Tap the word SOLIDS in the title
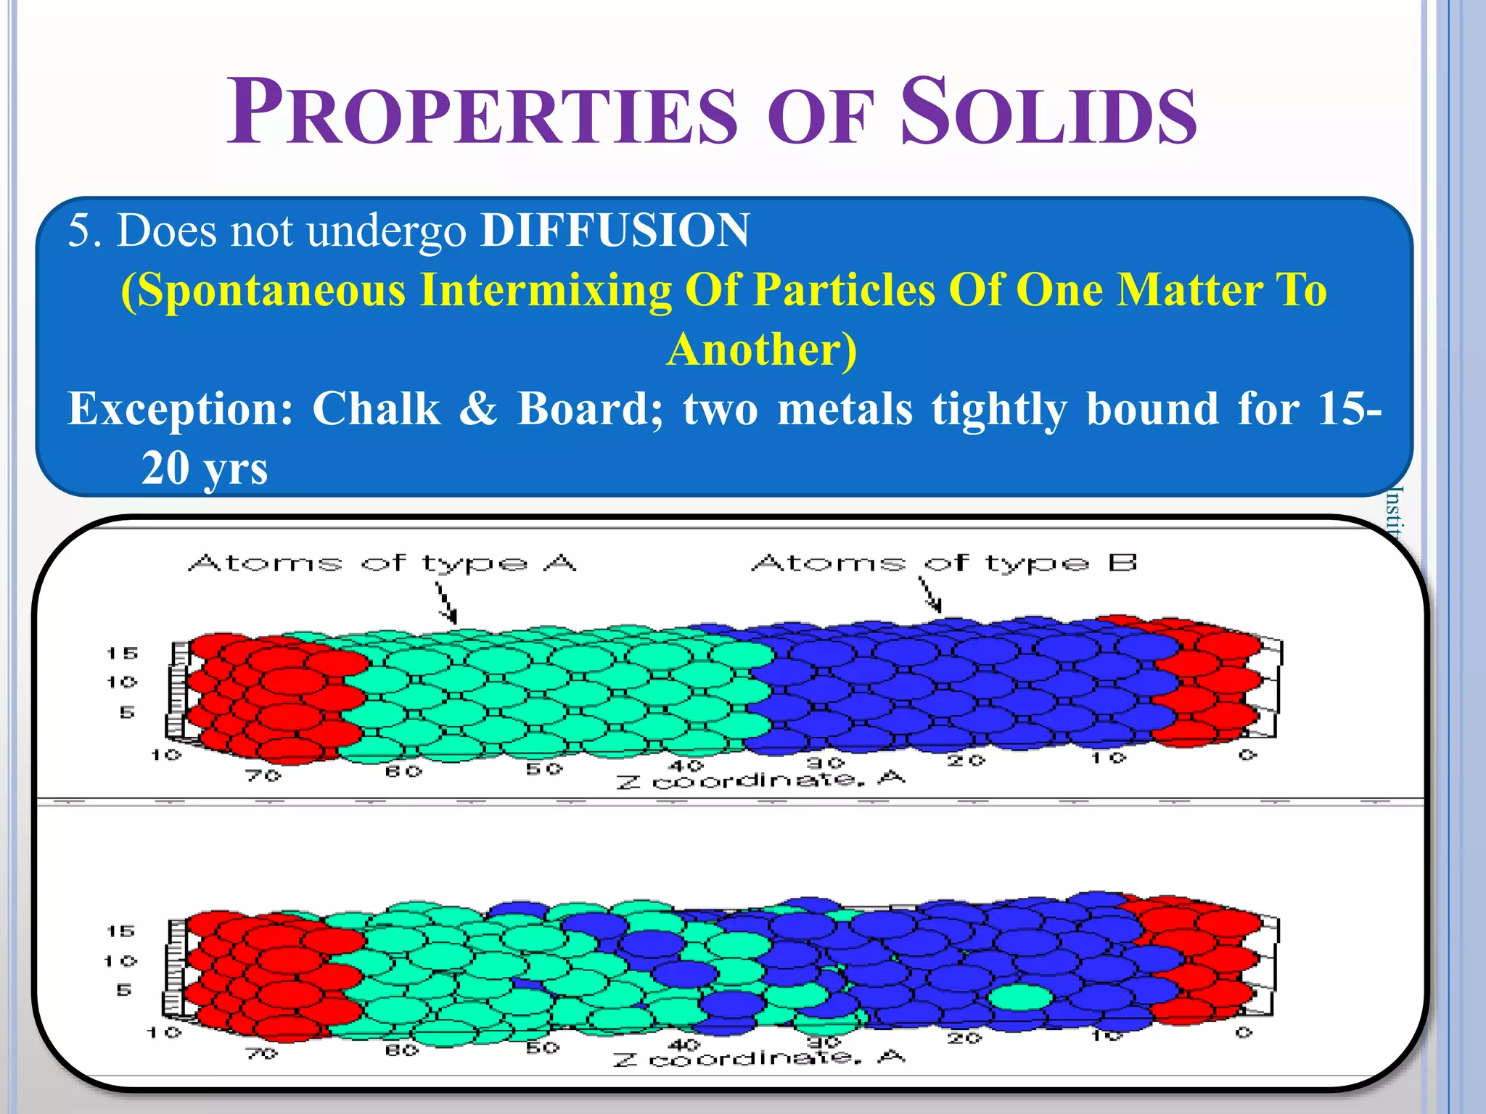(1048, 113)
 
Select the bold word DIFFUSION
(615, 231)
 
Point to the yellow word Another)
(762, 350)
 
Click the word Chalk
(376, 408)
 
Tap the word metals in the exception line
(845, 408)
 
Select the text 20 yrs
(205, 469)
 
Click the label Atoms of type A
(382, 563)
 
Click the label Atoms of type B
(944, 563)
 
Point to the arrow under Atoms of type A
(446, 603)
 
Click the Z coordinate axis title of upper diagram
(760, 780)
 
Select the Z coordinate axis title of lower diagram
(758, 1058)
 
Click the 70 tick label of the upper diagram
(263, 775)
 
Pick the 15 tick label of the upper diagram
(122, 653)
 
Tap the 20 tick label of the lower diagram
(964, 1039)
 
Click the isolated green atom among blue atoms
(1020, 997)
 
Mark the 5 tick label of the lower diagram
(124, 990)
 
